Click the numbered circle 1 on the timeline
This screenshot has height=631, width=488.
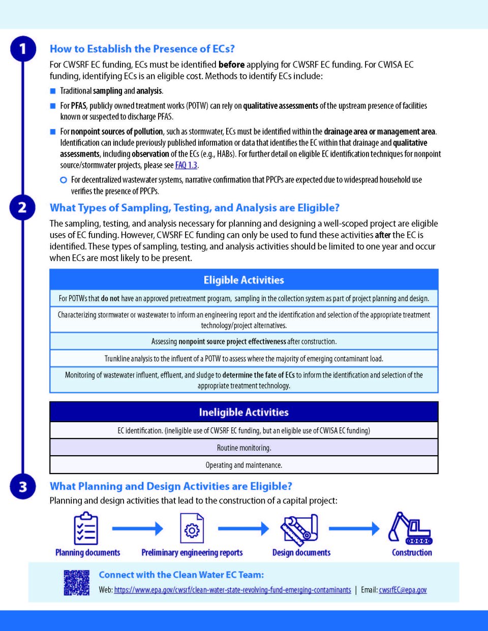[23, 49]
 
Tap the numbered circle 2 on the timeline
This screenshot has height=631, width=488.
[23, 208]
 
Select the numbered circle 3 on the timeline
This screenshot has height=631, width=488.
[23, 487]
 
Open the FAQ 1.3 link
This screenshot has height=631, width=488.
[186, 165]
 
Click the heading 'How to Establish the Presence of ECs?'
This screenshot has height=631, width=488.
[142, 49]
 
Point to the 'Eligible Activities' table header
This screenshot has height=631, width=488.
[244, 280]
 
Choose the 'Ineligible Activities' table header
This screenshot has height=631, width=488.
[244, 412]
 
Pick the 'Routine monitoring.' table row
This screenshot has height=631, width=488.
[244, 448]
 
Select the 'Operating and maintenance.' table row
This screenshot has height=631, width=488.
[244, 465]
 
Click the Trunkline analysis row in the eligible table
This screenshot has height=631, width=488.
[244, 359]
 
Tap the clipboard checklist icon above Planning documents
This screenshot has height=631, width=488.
[86, 528]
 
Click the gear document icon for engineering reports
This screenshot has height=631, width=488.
[192, 528]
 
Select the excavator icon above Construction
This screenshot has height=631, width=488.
[410, 528]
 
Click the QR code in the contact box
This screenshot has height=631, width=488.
[77, 582]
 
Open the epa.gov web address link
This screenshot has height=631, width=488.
[232, 590]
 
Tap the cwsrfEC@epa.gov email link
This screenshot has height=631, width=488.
[403, 590]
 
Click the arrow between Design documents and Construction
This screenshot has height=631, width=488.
[354, 529]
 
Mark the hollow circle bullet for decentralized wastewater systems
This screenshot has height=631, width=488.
[64, 180]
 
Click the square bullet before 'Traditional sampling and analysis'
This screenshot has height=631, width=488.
[53, 91]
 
